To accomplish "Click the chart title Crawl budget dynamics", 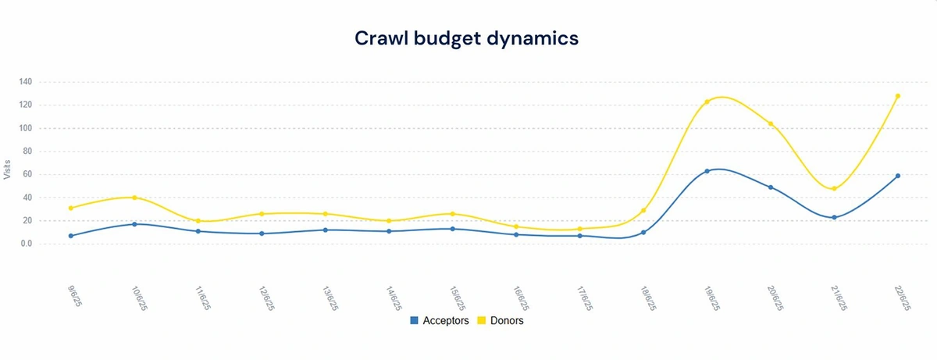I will point(467,38).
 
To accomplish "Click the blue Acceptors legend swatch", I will point(414,320).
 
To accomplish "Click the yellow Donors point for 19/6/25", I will point(707,102).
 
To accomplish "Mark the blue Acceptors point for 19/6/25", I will point(707,171).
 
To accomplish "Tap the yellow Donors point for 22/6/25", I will point(898,96).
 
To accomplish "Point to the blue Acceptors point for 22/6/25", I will point(898,176).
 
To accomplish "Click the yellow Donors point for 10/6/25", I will point(134,198).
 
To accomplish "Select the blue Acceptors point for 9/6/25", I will point(71,236).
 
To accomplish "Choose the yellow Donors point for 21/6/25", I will point(834,189).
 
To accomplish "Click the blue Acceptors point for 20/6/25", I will point(771,187).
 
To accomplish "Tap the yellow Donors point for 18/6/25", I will point(643,210).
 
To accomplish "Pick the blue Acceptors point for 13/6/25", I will point(325,230).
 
